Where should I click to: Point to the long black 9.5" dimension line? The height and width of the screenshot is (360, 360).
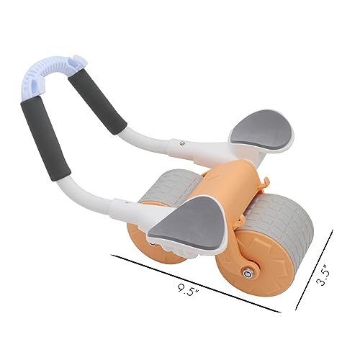[194, 281]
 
